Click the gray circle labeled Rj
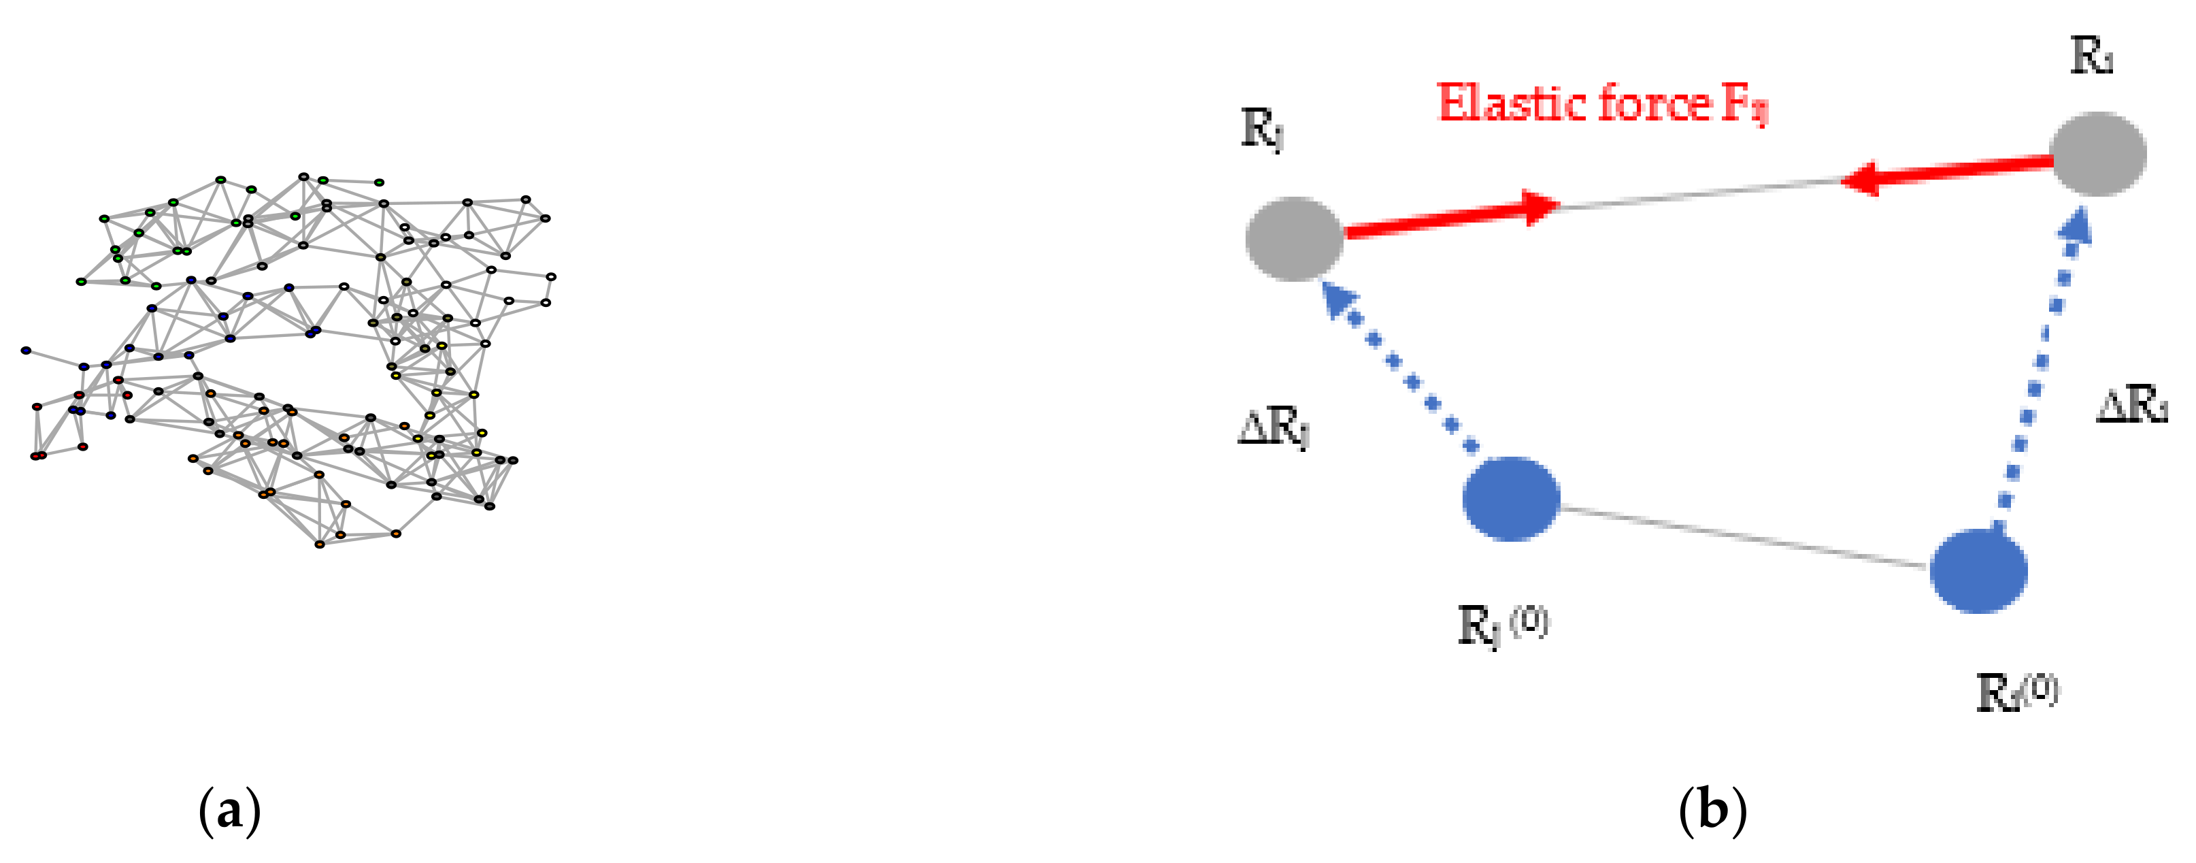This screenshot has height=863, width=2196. pos(1294,239)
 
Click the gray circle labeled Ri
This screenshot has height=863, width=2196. pos(2097,154)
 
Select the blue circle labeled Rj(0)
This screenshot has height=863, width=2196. pos(1511,499)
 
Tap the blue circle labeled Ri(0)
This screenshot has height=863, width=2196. pos(1978,570)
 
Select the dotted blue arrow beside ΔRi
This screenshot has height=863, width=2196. pos(2042,375)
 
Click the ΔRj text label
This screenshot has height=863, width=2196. pos(1273,426)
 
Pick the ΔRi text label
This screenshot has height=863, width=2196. pos(2131,404)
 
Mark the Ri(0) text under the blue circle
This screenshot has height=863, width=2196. pos(2017,692)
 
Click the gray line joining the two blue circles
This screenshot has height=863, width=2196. pos(1744,536)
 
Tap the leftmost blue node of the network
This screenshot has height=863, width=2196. pos(27,351)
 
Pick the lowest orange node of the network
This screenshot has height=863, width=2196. pos(320,544)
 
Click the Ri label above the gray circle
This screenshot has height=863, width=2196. pos(2091,58)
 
